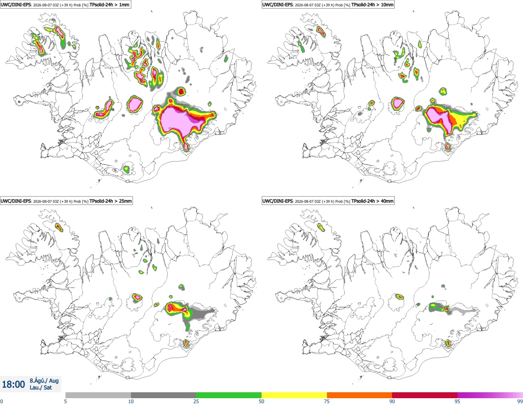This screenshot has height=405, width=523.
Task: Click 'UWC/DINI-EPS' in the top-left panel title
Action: (16, 5)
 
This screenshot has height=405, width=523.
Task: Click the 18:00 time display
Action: (13, 385)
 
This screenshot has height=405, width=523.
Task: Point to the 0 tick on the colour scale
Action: (2, 401)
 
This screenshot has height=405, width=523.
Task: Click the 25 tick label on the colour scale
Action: (196, 401)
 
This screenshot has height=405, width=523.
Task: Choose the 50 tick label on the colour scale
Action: (261, 401)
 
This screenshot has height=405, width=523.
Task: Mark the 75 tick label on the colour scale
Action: (327, 401)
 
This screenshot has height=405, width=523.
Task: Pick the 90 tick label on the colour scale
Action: (392, 401)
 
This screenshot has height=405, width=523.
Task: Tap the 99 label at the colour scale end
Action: (520, 401)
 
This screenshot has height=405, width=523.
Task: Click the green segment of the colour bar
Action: (229, 395)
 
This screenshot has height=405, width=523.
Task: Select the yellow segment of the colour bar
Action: (294, 395)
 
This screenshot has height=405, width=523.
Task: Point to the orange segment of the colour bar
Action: (360, 395)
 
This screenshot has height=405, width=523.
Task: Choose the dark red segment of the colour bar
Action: (425, 395)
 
